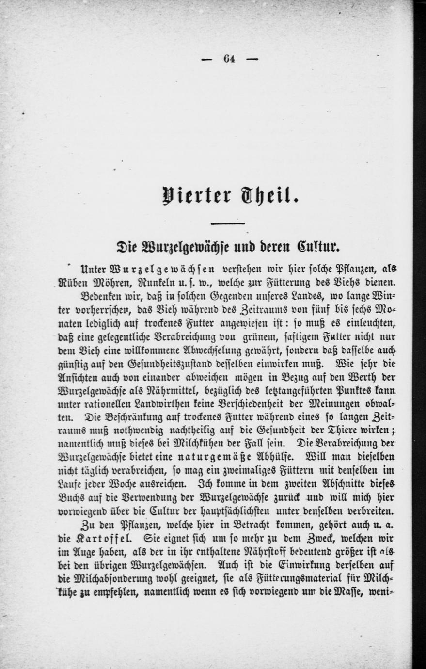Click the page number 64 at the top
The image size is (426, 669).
(x=229, y=59)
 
